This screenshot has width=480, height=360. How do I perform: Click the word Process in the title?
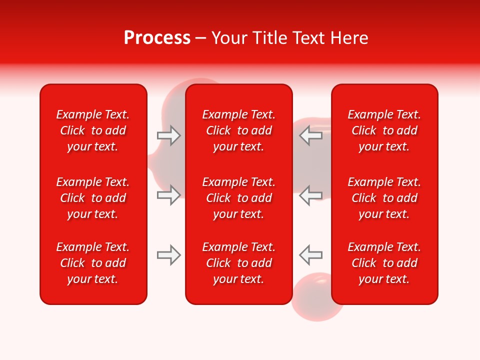157,38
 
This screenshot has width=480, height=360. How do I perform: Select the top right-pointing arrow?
168,135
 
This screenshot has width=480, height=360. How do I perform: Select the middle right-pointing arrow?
168,195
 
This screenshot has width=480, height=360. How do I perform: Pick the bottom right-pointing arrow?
168,255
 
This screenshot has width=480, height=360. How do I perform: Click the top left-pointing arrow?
310,135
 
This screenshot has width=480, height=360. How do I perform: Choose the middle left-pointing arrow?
310,195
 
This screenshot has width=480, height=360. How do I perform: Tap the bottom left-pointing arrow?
310,255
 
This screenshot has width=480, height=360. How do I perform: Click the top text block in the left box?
93,130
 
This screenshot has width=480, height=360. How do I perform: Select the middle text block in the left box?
93,198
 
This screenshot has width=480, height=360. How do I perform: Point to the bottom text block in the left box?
93,263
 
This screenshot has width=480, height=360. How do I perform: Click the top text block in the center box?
238,130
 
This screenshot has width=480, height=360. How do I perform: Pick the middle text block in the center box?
238,198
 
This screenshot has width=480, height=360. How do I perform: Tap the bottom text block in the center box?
238,263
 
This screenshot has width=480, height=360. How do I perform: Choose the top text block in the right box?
384,130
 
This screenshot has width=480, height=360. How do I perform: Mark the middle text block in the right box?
384,198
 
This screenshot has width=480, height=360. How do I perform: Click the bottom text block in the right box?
384,263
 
